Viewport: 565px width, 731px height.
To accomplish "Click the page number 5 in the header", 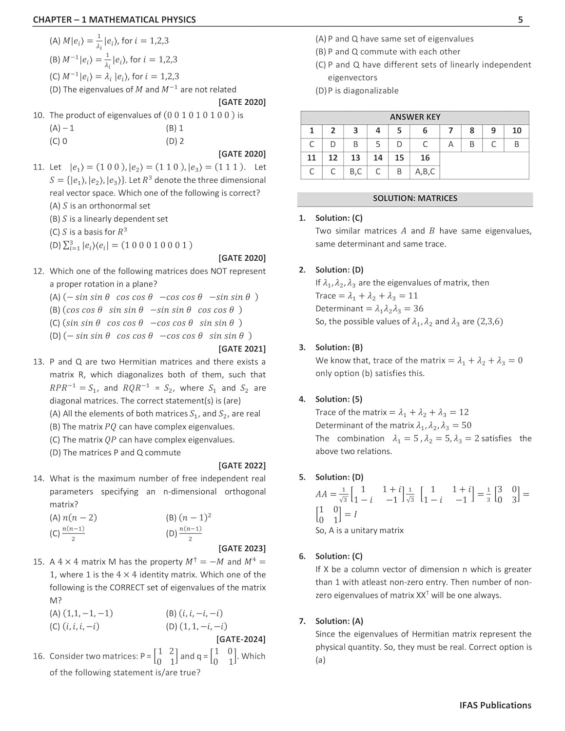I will click(x=520, y=19).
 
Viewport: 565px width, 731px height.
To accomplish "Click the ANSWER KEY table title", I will click(x=415, y=117).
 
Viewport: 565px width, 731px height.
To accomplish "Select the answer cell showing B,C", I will click(x=355, y=172).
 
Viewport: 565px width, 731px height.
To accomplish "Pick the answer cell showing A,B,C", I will click(x=425, y=172).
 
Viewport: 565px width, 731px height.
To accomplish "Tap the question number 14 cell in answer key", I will click(x=377, y=158).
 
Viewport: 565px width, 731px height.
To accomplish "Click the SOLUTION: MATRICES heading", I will click(x=415, y=198).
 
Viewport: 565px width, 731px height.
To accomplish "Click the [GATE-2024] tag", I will click(x=241, y=639).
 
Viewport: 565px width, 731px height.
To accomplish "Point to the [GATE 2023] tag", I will click(x=242, y=548).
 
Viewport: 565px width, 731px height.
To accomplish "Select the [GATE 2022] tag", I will click(x=242, y=465).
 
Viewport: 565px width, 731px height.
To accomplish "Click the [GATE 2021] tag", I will click(x=242, y=348).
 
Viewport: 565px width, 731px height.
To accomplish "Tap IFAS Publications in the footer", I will click(x=495, y=705).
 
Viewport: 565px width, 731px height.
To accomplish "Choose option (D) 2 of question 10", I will click(x=175, y=141).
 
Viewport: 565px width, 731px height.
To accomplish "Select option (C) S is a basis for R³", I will click(x=88, y=232).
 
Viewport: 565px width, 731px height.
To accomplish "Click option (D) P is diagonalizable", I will click(x=357, y=91).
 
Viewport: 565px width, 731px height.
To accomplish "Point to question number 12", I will click(x=39, y=271).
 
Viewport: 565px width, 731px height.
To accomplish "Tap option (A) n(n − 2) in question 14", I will click(x=73, y=518).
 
